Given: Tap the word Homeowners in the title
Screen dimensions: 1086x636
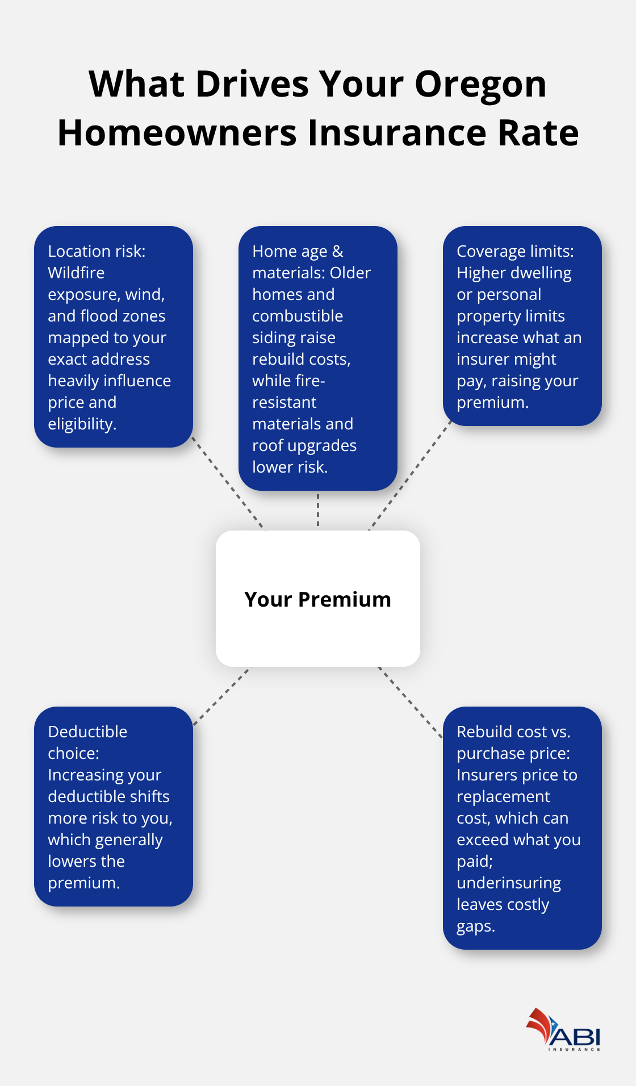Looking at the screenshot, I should (x=177, y=133).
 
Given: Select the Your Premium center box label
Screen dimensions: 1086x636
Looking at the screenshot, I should (x=317, y=600).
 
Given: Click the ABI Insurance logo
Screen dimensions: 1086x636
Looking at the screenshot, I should (x=563, y=1030).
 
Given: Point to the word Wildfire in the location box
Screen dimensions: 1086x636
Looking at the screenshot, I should (x=76, y=273).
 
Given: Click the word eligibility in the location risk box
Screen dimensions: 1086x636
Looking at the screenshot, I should (x=82, y=424).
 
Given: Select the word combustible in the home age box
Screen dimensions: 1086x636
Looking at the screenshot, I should (x=298, y=316).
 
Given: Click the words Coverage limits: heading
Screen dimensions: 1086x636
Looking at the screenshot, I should (x=515, y=252).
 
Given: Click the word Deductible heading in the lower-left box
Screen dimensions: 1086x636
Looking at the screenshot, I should (x=87, y=732).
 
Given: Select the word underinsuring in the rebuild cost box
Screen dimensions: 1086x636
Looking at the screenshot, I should (x=509, y=883).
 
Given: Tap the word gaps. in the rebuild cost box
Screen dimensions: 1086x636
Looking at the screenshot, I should (x=476, y=926).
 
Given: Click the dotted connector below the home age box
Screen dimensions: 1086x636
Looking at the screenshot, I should (x=318, y=510).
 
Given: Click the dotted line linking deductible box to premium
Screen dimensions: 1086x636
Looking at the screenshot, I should (x=223, y=695).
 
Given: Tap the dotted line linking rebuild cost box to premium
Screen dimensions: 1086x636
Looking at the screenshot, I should (x=410, y=702).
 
